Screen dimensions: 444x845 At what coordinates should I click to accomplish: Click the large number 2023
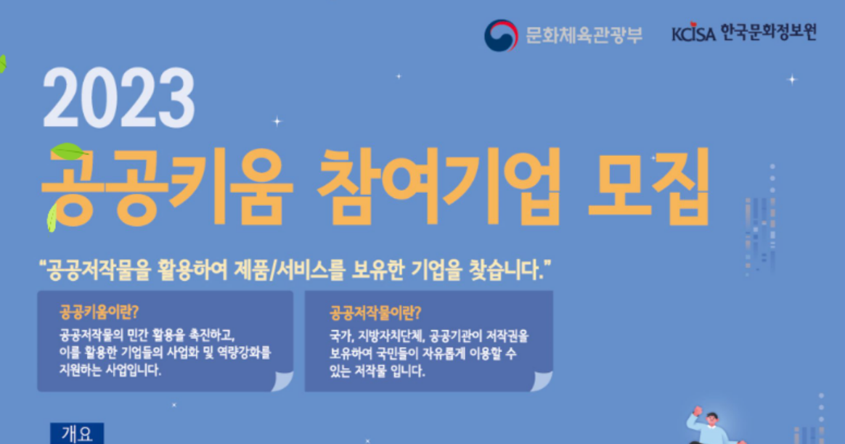[119, 98]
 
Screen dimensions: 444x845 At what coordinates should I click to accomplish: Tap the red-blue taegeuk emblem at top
[501, 35]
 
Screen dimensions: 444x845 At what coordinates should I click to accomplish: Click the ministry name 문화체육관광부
[584, 35]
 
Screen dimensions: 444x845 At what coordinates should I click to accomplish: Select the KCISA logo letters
[693, 34]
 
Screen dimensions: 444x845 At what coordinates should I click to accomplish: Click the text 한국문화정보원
[769, 33]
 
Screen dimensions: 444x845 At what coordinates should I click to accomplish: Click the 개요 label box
[77, 434]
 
